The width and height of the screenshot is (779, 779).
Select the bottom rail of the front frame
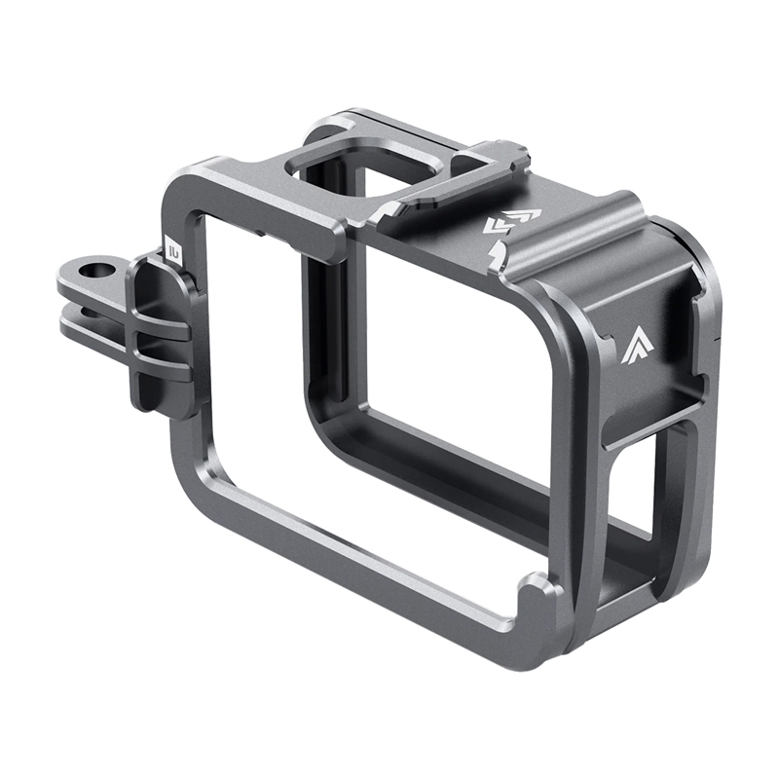point(370,565)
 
